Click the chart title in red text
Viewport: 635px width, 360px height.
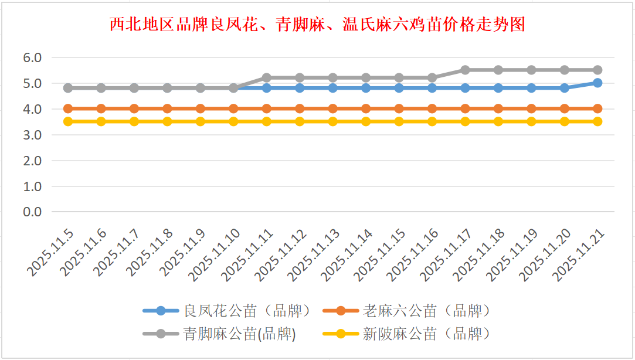pos(317,25)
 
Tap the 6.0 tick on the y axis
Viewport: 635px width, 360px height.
pos(32,57)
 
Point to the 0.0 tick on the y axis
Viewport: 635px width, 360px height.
pos(32,212)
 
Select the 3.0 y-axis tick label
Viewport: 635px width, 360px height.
pos(32,135)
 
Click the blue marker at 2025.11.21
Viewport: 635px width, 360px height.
pos(597,83)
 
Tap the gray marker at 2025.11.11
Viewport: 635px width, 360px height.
pos(267,77)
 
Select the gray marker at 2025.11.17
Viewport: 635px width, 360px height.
pos(465,70)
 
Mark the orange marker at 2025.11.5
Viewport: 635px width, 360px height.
pos(68,108)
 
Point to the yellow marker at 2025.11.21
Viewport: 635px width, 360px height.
pos(597,121)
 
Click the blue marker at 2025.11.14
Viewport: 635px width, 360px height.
pos(366,88)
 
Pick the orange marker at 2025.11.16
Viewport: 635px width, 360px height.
pos(432,108)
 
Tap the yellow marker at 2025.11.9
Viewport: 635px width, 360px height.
pos(201,121)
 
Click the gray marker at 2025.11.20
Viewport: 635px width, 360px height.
pos(565,70)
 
